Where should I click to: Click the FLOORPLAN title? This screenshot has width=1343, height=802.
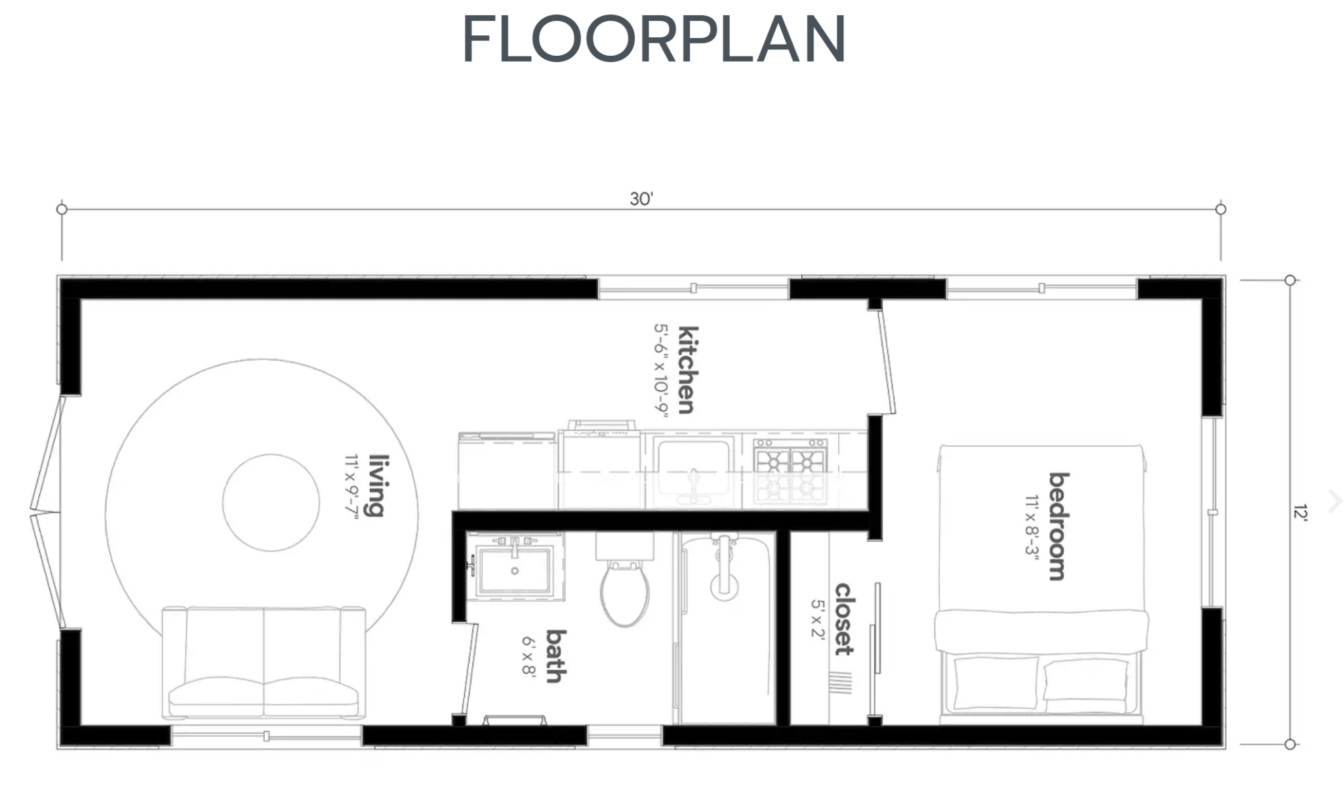(x=654, y=39)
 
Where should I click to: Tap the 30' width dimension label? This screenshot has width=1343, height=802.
(x=641, y=199)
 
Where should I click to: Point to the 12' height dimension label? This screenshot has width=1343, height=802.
(x=1300, y=512)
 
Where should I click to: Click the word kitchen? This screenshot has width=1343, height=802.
(x=687, y=370)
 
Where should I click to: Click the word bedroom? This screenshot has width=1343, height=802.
(x=1058, y=526)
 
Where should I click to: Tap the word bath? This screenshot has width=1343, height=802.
(x=556, y=656)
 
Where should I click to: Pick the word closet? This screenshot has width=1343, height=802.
(x=844, y=619)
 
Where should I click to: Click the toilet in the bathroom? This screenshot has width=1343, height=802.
(x=624, y=590)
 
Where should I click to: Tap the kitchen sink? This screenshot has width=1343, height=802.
(x=694, y=467)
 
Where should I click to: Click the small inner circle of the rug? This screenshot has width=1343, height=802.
(x=271, y=503)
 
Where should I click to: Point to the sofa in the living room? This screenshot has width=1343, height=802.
(x=264, y=662)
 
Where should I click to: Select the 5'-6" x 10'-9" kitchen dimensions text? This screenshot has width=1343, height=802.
(x=660, y=370)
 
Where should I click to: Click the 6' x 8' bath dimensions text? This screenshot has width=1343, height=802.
(x=529, y=656)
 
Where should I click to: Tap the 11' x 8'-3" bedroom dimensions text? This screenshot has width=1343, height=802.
(x=1032, y=526)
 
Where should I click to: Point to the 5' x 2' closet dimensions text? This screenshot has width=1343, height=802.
(x=817, y=619)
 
